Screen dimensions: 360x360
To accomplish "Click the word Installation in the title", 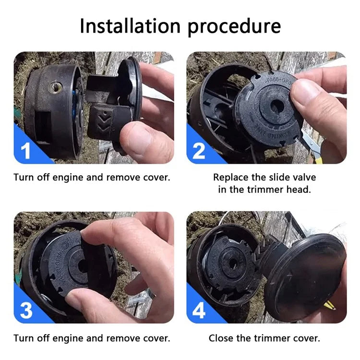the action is pos(130,26).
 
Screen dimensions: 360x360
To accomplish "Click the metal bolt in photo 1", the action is pos(55,87).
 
